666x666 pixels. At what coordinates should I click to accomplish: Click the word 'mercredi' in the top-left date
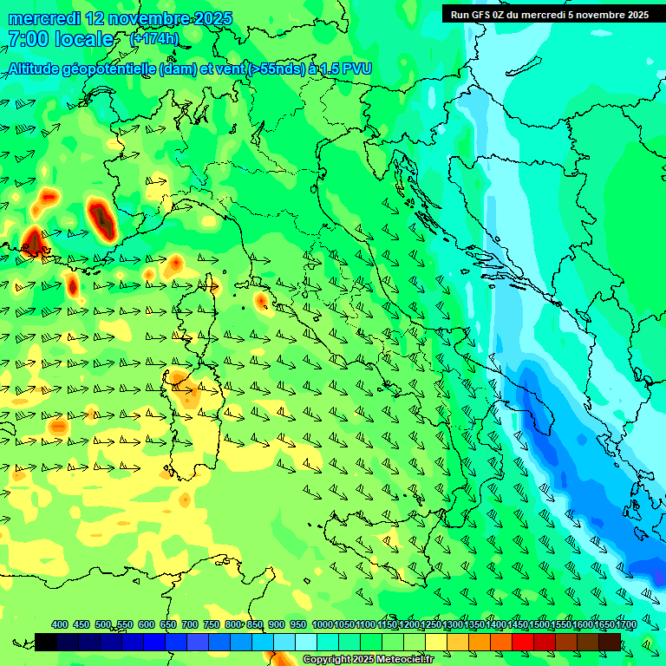point(45,18)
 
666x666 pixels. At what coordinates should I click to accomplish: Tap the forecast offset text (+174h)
point(153,39)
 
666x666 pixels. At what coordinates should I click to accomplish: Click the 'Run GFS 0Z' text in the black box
point(479,14)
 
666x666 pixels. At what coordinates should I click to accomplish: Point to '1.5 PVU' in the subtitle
point(346,69)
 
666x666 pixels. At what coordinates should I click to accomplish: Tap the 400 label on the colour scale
point(60,625)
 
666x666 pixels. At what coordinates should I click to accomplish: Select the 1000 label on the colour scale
point(322,625)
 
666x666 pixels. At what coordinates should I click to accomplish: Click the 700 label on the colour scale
point(190,625)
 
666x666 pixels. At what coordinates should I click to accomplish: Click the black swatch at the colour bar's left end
point(46,642)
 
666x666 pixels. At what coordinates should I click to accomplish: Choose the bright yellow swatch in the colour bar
point(436,642)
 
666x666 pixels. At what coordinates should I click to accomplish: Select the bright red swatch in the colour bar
point(523,642)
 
